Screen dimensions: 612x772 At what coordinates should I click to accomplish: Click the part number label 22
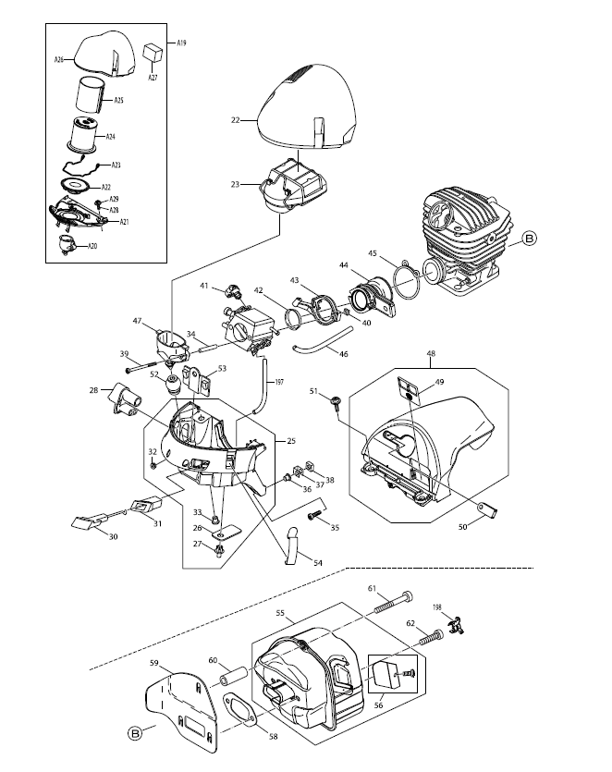click(236, 119)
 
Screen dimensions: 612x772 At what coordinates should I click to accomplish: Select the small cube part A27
click(153, 52)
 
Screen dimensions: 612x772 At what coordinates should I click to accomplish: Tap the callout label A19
click(181, 43)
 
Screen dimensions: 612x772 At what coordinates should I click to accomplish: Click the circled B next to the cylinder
click(530, 239)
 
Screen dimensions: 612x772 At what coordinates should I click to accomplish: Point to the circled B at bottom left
click(134, 733)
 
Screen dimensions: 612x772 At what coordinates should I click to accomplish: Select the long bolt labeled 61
click(394, 602)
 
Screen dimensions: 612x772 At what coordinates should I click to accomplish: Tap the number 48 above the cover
click(431, 353)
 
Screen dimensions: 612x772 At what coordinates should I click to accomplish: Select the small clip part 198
click(457, 625)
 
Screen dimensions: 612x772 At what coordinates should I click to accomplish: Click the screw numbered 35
click(313, 515)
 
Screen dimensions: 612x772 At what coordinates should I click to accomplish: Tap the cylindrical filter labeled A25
click(91, 95)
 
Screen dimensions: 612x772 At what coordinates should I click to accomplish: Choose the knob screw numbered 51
click(336, 401)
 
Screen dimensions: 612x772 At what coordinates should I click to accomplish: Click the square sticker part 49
click(408, 390)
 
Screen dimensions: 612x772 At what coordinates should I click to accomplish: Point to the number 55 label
click(280, 613)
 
